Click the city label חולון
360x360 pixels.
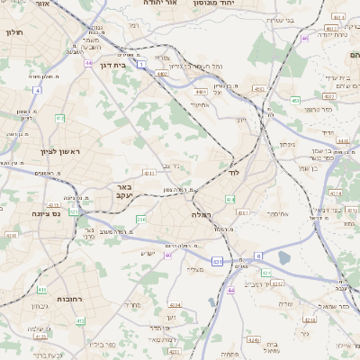[x=13, y=33]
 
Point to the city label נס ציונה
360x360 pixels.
[x=44, y=213]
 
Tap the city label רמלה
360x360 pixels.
[x=202, y=215]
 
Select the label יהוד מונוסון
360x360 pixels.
[x=212, y=4]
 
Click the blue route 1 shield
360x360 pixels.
[x=141, y=65]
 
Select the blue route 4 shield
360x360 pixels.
[x=37, y=91]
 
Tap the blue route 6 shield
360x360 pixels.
[x=258, y=256]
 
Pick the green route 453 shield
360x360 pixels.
[x=295, y=100]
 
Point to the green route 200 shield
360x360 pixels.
[x=140, y=219]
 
